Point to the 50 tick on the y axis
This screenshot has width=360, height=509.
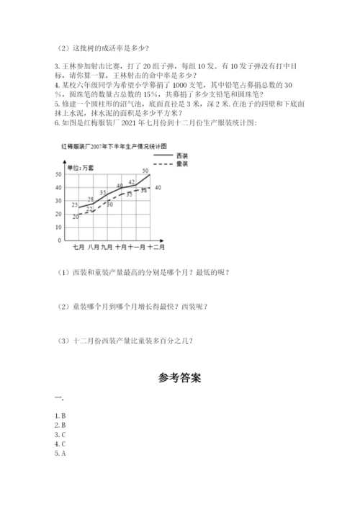tap(58, 175)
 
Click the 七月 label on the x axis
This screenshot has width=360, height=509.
tap(78, 248)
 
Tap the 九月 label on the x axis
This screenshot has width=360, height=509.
tap(107, 248)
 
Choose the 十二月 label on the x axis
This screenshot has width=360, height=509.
tap(157, 248)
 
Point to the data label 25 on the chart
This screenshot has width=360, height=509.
tap(76, 204)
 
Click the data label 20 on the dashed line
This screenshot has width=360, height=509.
tap(76, 216)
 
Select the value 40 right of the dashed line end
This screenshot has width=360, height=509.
tap(158, 187)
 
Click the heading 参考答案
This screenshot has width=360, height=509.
tap(179, 377)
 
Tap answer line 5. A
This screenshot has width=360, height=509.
tap(60, 454)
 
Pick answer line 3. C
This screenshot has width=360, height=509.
tap(60, 435)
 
